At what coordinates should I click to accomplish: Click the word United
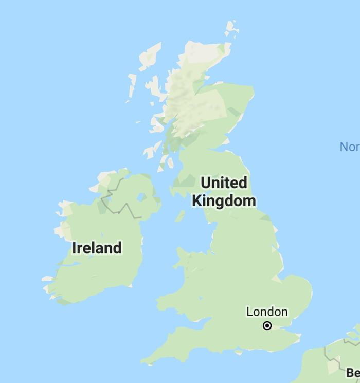pyautogui.click(x=224, y=183)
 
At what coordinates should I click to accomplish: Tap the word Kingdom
pyautogui.click(x=224, y=200)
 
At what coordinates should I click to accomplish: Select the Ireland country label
pyautogui.click(x=97, y=248)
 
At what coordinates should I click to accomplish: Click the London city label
pyautogui.click(x=267, y=312)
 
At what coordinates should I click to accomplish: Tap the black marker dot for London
pyautogui.click(x=267, y=325)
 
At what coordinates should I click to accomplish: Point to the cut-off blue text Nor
pyautogui.click(x=350, y=147)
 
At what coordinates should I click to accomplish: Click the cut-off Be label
pyautogui.click(x=353, y=372)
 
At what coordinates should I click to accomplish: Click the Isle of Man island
pyautogui.click(x=179, y=216)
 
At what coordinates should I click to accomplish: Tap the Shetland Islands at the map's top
pyautogui.click(x=231, y=28)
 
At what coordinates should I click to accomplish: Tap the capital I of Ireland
pyautogui.click(x=75, y=248)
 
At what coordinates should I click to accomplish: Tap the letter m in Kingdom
pyautogui.click(x=249, y=200)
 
